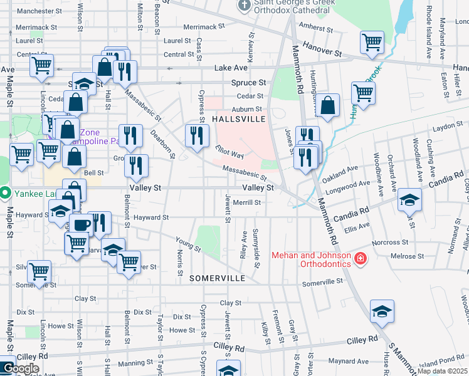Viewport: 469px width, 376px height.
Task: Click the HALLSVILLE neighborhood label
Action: (x=240, y=118)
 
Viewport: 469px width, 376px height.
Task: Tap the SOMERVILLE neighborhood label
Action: (x=219, y=277)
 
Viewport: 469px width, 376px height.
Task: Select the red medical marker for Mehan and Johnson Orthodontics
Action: (x=360, y=258)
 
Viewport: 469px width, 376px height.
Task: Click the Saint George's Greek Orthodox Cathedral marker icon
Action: (x=245, y=6)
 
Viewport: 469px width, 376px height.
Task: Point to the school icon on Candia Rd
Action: (x=410, y=200)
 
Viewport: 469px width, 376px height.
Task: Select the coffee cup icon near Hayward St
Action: (x=80, y=224)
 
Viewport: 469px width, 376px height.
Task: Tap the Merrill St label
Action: (x=246, y=202)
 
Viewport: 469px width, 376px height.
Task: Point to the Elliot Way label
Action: (x=229, y=152)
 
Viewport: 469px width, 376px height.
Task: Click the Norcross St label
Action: (x=390, y=242)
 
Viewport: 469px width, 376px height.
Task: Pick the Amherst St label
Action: (x=315, y=28)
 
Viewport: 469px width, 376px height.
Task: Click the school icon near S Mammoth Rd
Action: (x=382, y=311)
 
